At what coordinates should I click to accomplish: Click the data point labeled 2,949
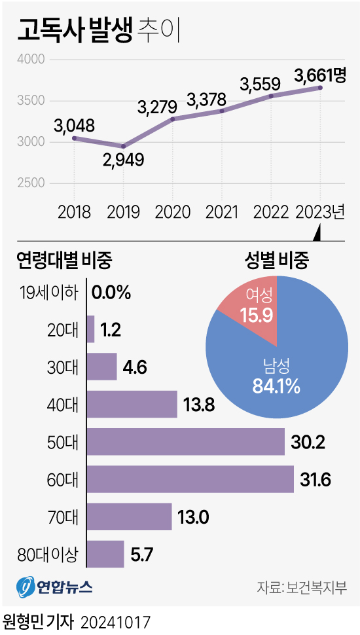(x=123, y=146)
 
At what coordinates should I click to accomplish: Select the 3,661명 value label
(x=319, y=75)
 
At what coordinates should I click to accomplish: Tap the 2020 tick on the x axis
(x=173, y=212)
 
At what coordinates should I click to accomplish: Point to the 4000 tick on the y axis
(x=30, y=60)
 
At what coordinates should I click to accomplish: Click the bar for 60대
(x=190, y=479)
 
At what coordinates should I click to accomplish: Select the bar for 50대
(x=185, y=442)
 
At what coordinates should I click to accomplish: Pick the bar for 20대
(x=90, y=329)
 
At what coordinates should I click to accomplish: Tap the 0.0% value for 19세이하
(x=111, y=293)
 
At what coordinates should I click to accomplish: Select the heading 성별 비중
(x=276, y=261)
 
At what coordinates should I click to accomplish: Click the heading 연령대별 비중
(x=64, y=261)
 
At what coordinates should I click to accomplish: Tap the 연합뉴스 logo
(x=55, y=586)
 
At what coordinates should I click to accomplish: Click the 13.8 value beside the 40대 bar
(x=199, y=405)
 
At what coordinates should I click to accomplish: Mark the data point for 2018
(x=74, y=138)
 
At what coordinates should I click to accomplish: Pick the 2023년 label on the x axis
(x=320, y=212)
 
